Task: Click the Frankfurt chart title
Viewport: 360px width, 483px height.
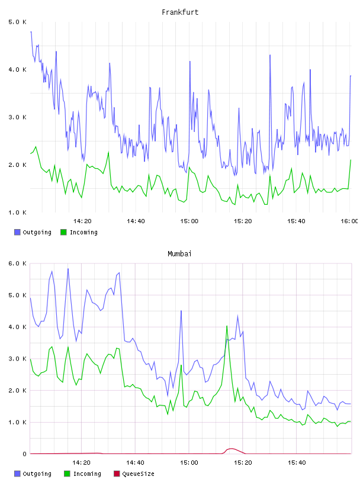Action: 180,12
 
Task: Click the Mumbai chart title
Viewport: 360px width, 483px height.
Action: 179,254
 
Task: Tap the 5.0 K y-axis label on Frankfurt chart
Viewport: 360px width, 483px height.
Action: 17,22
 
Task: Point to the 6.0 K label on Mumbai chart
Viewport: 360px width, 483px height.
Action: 17,263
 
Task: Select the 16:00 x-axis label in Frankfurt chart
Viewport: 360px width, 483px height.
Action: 349,221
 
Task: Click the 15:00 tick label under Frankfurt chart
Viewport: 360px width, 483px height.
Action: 189,221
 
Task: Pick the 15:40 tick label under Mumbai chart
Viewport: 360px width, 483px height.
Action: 297,463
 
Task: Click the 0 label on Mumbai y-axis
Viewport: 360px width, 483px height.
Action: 24,454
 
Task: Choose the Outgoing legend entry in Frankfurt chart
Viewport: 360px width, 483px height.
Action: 33,232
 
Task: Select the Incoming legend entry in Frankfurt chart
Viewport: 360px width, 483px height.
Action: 79,232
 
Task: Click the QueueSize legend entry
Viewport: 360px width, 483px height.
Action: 134,474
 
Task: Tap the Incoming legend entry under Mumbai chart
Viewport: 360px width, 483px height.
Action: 83,474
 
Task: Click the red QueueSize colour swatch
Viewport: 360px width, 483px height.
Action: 117,474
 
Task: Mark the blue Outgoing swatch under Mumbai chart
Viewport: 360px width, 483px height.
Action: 17,474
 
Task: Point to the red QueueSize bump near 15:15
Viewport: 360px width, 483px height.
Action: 231,449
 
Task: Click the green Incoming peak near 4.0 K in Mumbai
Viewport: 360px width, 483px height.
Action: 227,326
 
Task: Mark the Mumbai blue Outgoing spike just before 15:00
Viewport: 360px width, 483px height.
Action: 181,311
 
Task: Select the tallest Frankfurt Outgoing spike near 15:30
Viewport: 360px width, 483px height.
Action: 270,56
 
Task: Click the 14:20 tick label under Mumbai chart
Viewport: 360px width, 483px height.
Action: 82,463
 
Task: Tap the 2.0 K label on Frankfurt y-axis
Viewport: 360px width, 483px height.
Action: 17,165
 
